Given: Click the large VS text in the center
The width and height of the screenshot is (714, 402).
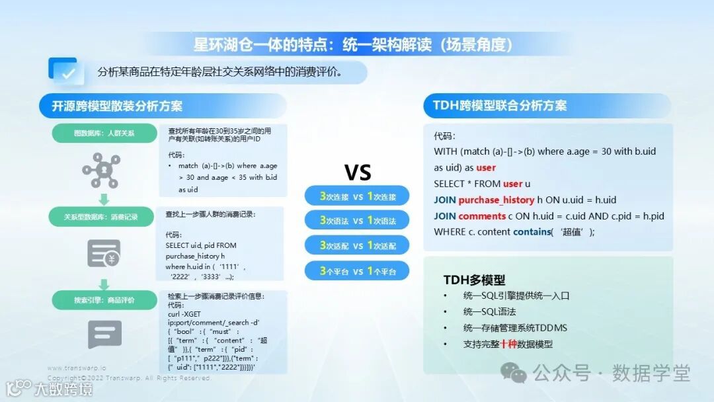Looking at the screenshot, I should click(x=357, y=173).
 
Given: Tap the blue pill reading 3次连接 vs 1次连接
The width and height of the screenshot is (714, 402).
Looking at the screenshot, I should click(x=357, y=196).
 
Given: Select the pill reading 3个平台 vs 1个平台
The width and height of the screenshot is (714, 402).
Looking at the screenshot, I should click(x=357, y=271).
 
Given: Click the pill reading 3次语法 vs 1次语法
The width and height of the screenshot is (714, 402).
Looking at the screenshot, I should click(x=357, y=221).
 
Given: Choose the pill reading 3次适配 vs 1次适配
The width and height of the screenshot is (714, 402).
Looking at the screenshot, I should click(x=357, y=246).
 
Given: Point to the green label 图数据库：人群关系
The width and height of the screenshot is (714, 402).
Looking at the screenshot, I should click(x=104, y=134).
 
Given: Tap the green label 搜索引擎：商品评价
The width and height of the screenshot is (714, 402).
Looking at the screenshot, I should click(x=104, y=300).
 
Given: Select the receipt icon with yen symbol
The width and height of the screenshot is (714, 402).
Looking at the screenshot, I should click(x=104, y=253).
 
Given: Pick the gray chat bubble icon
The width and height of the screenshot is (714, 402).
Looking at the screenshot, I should click(x=104, y=335).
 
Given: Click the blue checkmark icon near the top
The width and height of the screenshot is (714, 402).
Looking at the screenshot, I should click(x=66, y=71).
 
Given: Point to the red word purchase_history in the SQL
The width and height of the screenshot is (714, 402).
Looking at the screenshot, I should click(x=496, y=200).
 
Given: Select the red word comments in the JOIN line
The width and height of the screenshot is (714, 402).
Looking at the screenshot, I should click(x=482, y=216).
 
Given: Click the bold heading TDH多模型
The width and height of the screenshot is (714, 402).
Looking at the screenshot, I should click(x=474, y=280).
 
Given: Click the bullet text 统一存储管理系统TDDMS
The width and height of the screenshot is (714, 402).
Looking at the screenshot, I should click(x=515, y=328).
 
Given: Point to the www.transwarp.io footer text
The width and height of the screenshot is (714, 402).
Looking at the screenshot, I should click(x=77, y=368).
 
